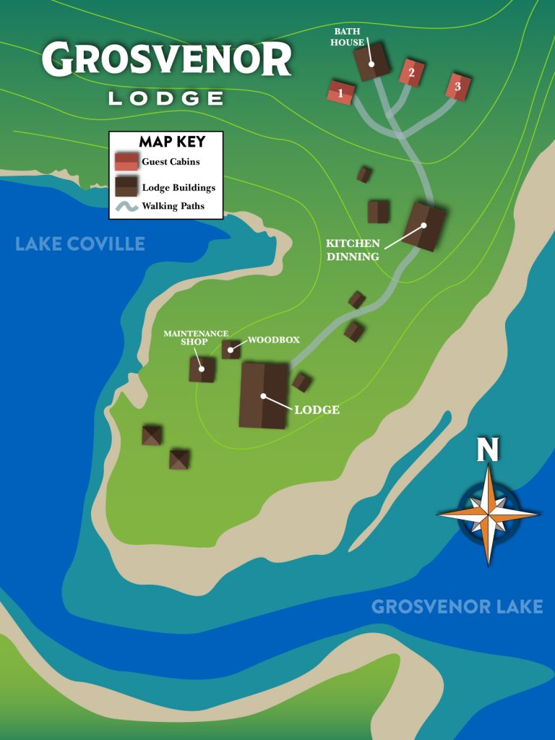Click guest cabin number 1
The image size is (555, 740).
click(x=340, y=92)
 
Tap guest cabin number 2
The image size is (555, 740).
click(x=410, y=72)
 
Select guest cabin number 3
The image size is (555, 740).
click(x=457, y=87)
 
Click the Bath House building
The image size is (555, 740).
click(x=371, y=63)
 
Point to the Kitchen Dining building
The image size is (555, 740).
click(x=424, y=225)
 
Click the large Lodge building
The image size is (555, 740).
click(x=264, y=395)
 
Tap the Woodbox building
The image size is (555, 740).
click(x=231, y=350)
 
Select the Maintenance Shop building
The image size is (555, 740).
click(x=202, y=369)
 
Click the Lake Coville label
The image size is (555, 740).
click(x=80, y=244)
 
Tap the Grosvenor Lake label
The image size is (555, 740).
click(x=457, y=606)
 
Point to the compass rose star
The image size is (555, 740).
click(x=489, y=514)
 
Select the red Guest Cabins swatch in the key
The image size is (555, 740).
click(x=126, y=161)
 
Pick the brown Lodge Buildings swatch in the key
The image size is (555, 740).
click(x=126, y=186)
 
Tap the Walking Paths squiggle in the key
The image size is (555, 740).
click(x=126, y=207)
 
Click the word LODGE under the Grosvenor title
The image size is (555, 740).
click(x=165, y=98)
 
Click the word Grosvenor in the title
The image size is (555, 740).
click(x=166, y=59)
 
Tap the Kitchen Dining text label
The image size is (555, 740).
click(x=353, y=249)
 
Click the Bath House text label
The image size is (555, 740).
click(x=348, y=37)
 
